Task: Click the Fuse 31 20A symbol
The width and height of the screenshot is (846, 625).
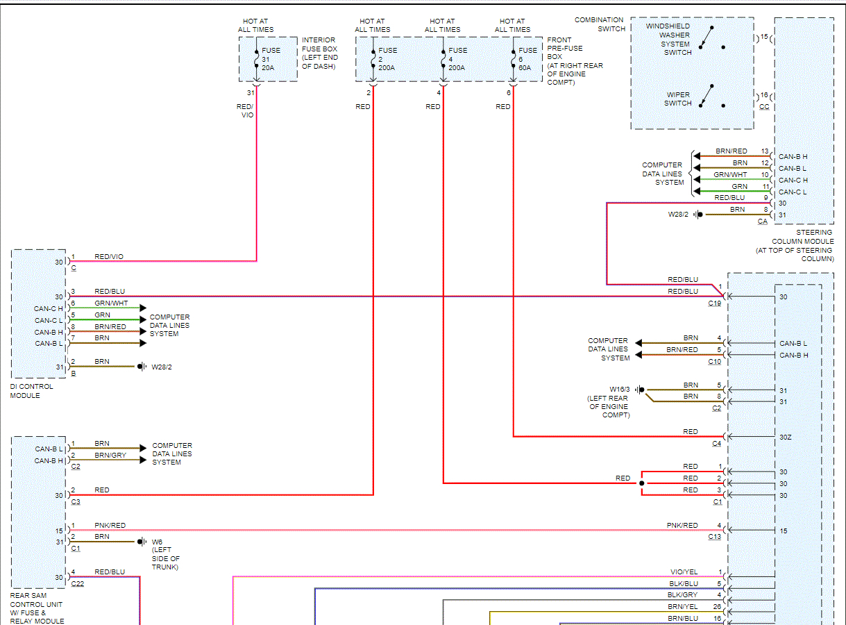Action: (x=256, y=59)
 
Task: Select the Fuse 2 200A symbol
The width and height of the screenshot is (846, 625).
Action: (x=373, y=59)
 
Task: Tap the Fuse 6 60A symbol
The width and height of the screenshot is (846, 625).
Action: (x=514, y=59)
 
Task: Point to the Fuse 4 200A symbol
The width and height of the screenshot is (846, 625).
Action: (x=443, y=59)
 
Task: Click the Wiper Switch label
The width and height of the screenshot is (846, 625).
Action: (x=678, y=99)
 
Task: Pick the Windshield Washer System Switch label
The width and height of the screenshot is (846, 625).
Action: (x=675, y=39)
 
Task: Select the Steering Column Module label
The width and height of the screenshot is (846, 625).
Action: (x=795, y=246)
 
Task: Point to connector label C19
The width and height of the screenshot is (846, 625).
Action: (x=714, y=303)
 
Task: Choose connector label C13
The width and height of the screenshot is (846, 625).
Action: (x=714, y=537)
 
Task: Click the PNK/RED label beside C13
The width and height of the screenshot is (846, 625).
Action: (x=682, y=526)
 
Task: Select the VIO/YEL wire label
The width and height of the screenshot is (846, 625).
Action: (x=684, y=572)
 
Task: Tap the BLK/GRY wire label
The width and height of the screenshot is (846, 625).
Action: (x=684, y=595)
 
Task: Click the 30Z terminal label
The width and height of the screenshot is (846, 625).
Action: (x=785, y=437)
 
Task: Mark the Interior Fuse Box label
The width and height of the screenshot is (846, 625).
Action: (x=320, y=53)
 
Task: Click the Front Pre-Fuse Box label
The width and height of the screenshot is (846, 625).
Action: (x=575, y=61)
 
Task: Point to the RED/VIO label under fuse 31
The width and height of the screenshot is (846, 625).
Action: (x=246, y=110)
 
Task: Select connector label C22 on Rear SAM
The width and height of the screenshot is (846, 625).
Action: (x=77, y=584)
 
